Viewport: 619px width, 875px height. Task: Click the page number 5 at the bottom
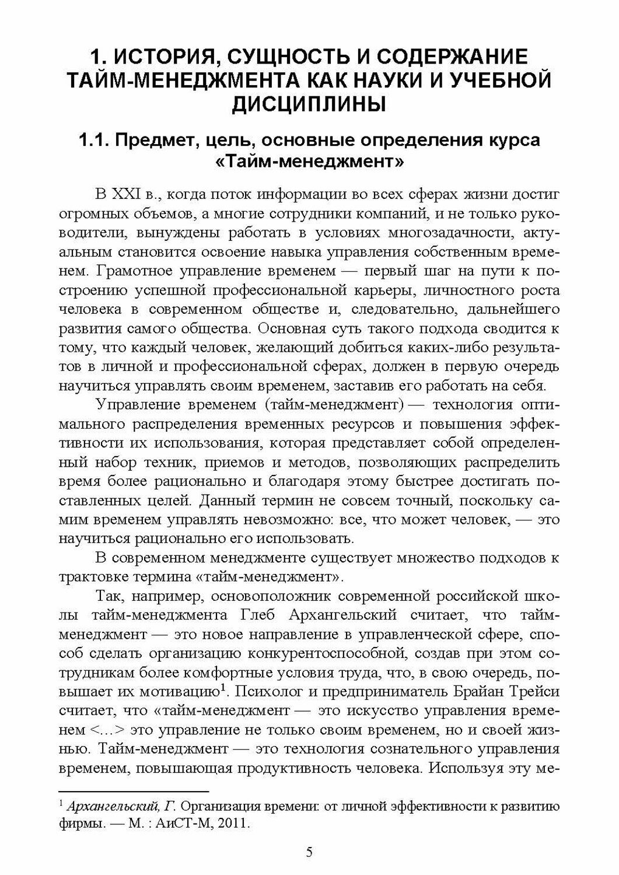tap(309, 852)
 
